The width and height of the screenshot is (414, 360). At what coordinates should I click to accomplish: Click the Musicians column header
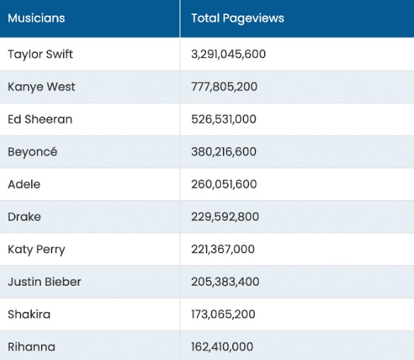[x=36, y=18]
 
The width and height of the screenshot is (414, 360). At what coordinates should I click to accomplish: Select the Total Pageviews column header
[x=238, y=18]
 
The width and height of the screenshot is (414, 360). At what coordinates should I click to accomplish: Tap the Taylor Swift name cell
[x=40, y=54]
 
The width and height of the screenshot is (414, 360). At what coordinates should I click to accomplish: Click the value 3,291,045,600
[x=229, y=54]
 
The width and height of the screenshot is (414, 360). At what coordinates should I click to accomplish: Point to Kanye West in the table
[x=42, y=87]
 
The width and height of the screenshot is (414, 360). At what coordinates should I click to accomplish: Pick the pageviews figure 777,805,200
[x=224, y=87]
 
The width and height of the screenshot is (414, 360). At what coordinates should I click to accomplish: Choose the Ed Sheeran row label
[x=40, y=120]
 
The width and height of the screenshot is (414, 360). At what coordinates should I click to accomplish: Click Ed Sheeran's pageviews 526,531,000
[x=224, y=120]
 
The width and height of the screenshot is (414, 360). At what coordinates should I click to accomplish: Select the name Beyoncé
[x=33, y=152]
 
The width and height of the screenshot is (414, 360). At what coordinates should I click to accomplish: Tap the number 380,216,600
[x=224, y=152]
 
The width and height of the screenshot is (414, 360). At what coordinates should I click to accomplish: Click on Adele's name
[x=24, y=184]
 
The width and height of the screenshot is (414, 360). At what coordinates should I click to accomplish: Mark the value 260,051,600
[x=224, y=184]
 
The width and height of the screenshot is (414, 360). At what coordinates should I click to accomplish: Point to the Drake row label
[x=24, y=216]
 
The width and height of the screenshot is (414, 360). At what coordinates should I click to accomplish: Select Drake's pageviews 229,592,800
[x=225, y=216]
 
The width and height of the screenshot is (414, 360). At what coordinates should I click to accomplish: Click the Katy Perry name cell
[x=36, y=250]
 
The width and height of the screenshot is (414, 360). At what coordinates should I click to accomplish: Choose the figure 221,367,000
[x=223, y=249]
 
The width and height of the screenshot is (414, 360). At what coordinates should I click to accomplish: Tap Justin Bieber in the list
[x=45, y=281]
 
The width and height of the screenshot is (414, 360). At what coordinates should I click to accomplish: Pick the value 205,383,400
[x=225, y=281]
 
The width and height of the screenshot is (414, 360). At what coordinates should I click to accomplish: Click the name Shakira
[x=29, y=314]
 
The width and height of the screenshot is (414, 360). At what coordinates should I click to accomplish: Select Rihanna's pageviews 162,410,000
[x=222, y=347]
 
